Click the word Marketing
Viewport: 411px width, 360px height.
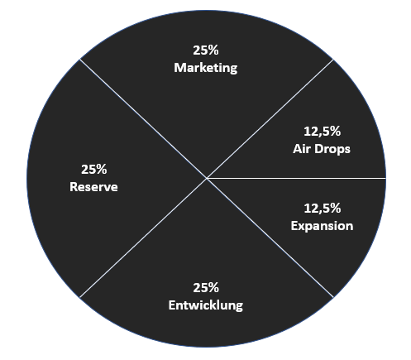[206, 68]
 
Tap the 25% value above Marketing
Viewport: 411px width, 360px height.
[206, 50]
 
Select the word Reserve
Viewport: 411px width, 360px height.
[93, 187]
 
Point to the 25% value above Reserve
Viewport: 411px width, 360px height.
[93, 170]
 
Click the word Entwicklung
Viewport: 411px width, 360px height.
[206, 305]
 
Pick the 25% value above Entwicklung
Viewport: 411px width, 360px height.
[206, 288]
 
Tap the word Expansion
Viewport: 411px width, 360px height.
[322, 226]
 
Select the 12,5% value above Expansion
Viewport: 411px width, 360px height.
[323, 209]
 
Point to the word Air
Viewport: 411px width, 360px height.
[302, 149]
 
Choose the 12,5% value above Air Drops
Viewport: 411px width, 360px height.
[323, 132]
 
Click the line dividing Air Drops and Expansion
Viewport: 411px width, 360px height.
[296, 178]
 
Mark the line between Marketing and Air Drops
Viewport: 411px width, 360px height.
[270, 119]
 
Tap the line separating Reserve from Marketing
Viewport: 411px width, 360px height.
[143, 119]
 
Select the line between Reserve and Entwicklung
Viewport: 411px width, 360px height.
[143, 238]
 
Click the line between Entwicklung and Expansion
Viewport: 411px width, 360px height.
[270, 238]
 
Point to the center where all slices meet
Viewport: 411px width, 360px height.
[207, 179]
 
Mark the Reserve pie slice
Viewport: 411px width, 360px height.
[93, 179]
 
